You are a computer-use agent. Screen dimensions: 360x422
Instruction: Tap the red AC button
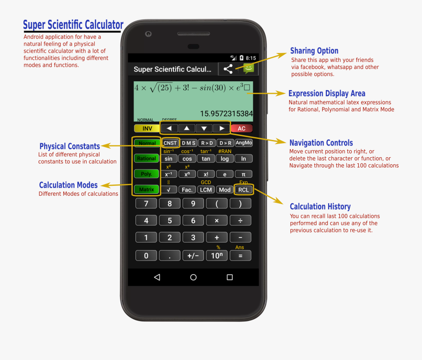pyautogui.click(x=241, y=128)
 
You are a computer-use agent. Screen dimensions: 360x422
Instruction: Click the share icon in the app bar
pyautogui.click(x=228, y=69)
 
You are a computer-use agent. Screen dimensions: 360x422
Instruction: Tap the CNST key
pyautogui.click(x=170, y=143)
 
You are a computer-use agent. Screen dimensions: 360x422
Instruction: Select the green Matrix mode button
pyautogui.click(x=146, y=190)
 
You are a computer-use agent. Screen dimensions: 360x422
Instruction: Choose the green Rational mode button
pyautogui.click(x=146, y=159)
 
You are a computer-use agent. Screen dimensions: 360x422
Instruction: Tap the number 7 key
pyautogui.click(x=146, y=204)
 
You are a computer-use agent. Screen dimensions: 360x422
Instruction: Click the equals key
pyautogui.click(x=240, y=256)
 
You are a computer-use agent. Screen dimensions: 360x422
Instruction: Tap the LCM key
pyautogui.click(x=206, y=190)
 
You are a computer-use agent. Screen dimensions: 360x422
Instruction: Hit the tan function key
pyautogui.click(x=206, y=159)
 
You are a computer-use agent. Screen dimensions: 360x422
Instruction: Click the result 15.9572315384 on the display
pyautogui.click(x=226, y=114)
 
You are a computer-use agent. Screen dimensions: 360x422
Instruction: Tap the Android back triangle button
pyautogui.click(x=157, y=277)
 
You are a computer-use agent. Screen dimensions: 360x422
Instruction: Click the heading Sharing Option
pyautogui.click(x=314, y=51)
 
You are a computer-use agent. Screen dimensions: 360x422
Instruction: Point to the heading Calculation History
pyautogui.click(x=320, y=207)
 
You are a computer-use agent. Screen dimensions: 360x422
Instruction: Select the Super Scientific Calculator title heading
pyautogui.click(x=74, y=25)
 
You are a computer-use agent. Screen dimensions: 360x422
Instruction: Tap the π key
pyautogui.click(x=243, y=174)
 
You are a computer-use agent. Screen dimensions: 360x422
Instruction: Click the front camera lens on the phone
pyautogui.click(x=148, y=34)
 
